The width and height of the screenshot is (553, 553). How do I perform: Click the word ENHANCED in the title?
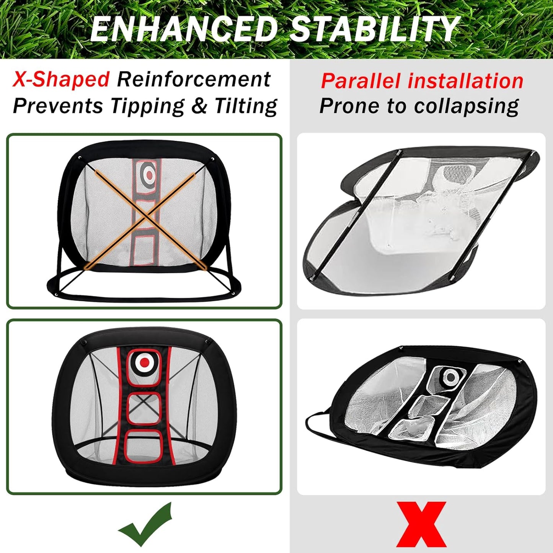point(184,29)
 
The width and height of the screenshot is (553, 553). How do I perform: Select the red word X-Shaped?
point(61,80)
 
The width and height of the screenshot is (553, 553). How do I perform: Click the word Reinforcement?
point(194,80)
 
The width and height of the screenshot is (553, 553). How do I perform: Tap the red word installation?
point(465,81)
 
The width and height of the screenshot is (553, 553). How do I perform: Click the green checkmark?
point(145,524)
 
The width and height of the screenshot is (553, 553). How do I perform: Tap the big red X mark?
point(421,524)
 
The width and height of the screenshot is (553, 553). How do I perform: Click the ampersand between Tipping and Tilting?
point(199,106)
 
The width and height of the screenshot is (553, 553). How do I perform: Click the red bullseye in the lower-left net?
point(144,362)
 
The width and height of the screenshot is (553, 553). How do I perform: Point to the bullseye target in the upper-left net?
point(150,175)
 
